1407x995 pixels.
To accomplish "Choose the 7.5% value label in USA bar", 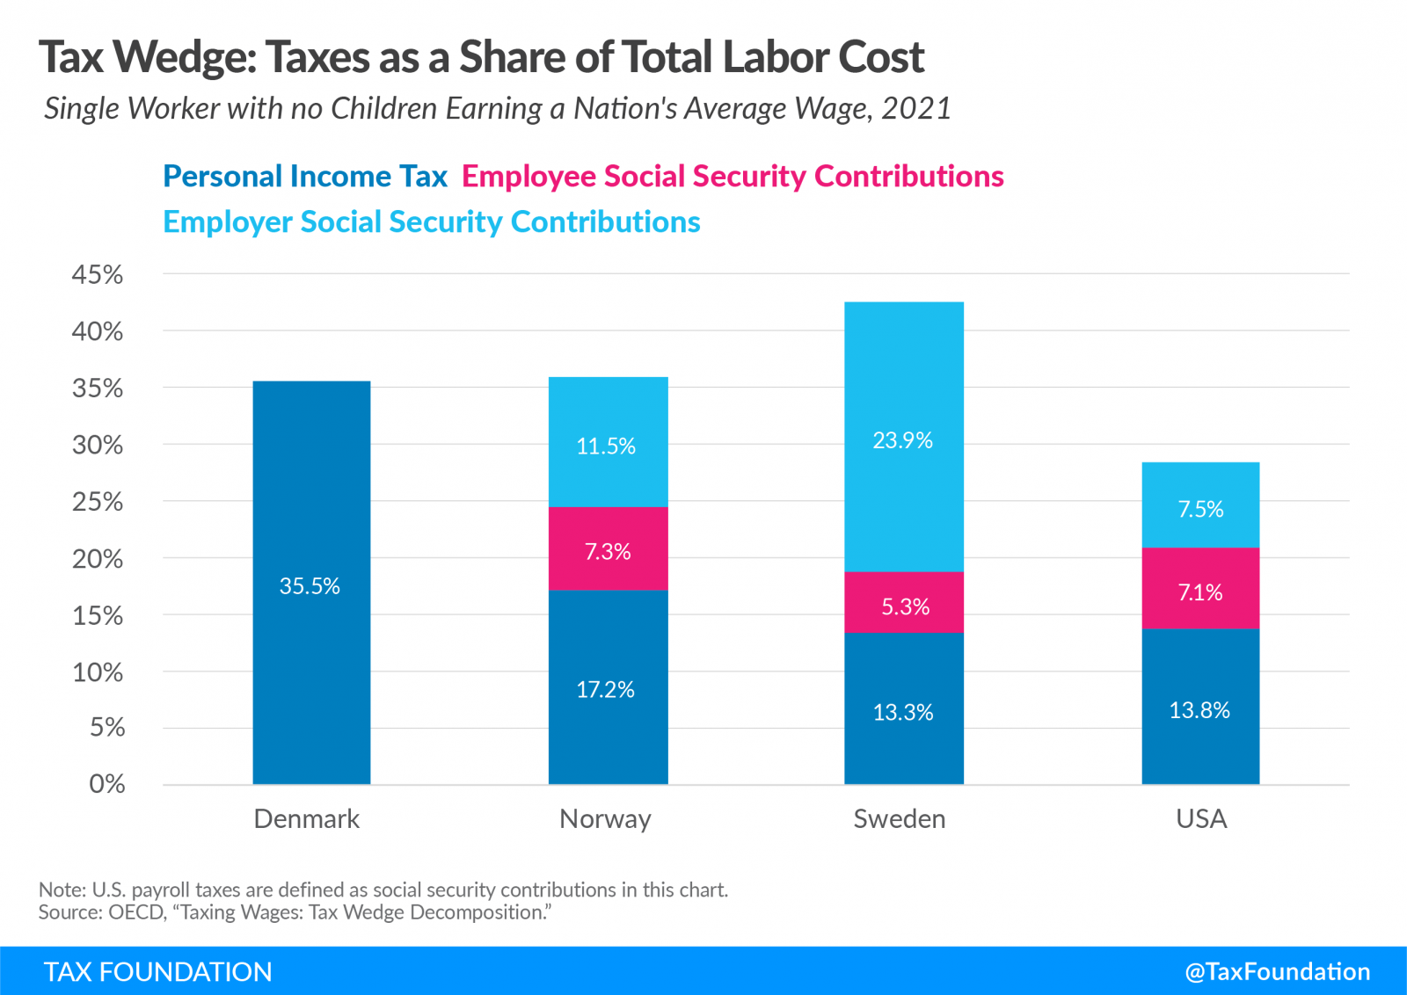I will pos(1200,509).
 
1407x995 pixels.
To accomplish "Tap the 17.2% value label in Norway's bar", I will pos(605,690).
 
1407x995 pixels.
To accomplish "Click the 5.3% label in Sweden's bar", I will pos(905,606).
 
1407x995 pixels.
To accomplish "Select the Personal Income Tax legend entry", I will pos(305,177).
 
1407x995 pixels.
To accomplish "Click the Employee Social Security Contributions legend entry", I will pos(733,177).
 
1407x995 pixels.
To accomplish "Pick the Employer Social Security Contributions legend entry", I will pos(432,222).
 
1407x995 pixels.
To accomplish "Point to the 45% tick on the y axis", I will pos(98,274).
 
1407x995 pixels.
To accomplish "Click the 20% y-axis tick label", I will pos(98,559).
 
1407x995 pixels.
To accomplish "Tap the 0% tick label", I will pos(106,784).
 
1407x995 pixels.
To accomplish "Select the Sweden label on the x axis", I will pos(900,819).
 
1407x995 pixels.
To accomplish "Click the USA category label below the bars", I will pos(1200,819).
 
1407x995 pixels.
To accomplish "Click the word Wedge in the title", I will pos(184,58).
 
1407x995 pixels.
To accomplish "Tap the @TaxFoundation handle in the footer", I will pos(1277,971).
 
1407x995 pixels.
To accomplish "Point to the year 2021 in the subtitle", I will pos(916,108).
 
